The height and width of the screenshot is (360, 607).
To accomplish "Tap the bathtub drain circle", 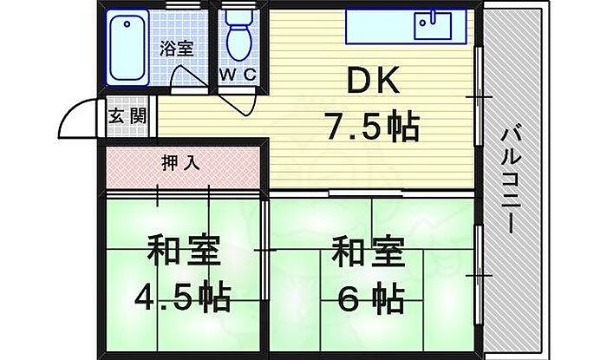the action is coord(127,24).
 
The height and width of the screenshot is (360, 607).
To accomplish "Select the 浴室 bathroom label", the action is coord(177,49).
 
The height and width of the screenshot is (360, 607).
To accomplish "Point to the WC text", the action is coord(238,75).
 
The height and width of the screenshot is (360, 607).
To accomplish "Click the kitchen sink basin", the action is coord(433,26).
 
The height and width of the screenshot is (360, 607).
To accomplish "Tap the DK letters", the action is coord(373,80).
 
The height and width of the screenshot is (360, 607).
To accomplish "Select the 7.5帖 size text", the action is coord(372,126).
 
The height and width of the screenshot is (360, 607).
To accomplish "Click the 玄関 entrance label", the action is coord(127,115).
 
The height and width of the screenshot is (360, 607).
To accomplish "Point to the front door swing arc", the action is coord(69,112).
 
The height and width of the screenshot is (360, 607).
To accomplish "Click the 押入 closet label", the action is coord(180,163).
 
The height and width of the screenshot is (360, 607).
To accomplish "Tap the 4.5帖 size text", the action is coord(183,298).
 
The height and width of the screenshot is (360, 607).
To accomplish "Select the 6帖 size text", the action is coord(371,298).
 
